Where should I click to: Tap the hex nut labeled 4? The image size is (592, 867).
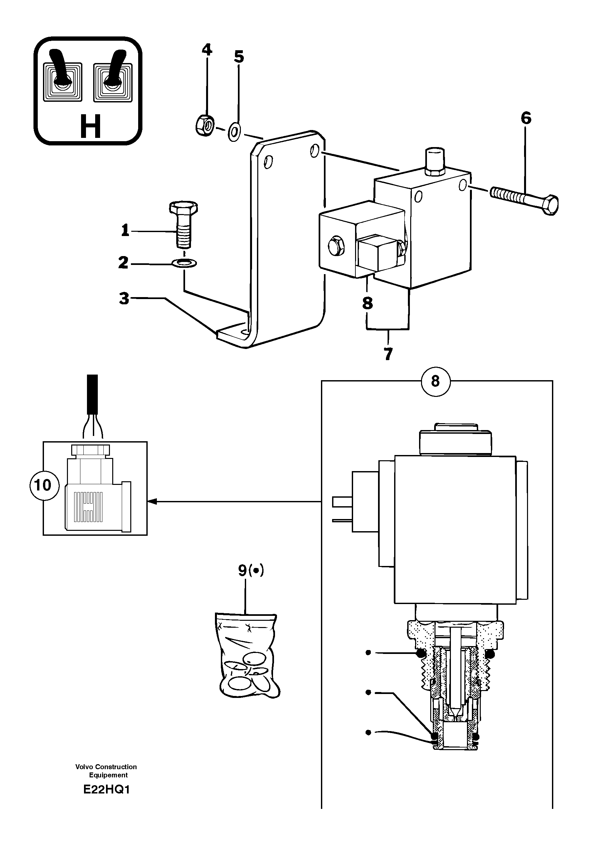(x=204, y=124)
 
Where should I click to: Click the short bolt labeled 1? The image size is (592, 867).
(x=183, y=225)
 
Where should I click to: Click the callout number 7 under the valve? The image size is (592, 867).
(x=388, y=354)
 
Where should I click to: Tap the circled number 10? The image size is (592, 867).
(x=43, y=485)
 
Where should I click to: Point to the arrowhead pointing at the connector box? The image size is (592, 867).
(x=152, y=502)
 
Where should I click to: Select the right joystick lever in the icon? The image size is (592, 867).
(x=114, y=67)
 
